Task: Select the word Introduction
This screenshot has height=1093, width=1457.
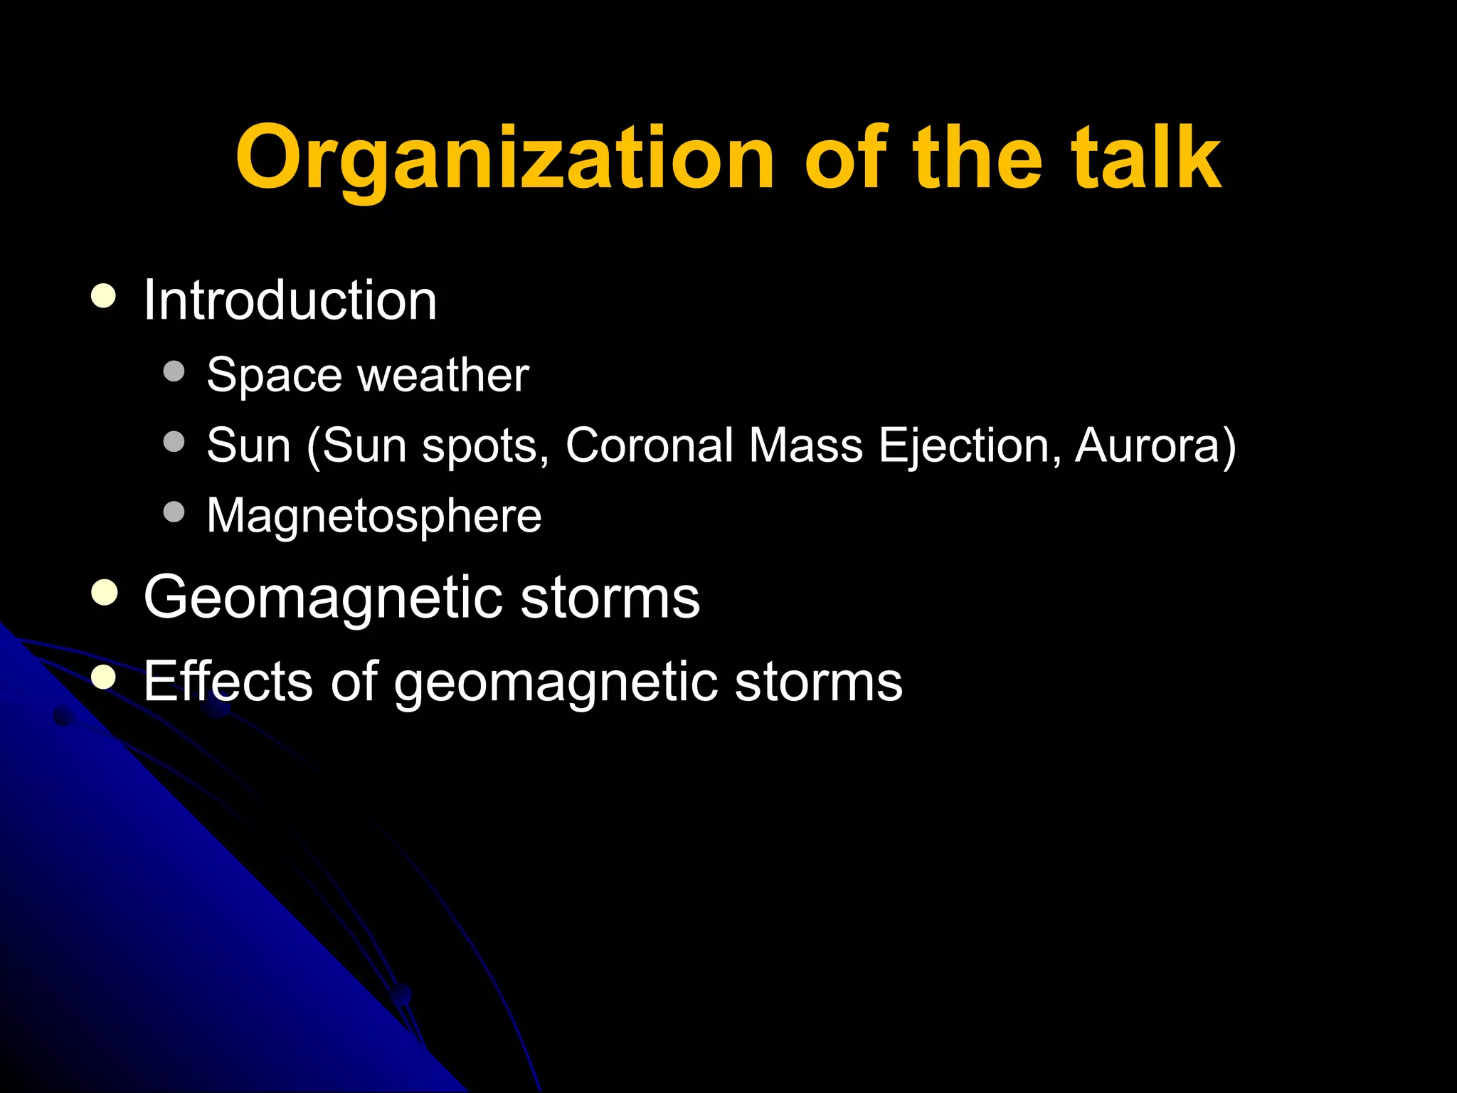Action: click(290, 300)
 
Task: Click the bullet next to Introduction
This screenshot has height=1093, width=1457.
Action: click(104, 296)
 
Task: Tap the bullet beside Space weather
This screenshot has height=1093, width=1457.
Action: click(174, 371)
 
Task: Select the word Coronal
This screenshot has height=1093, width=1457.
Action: click(649, 445)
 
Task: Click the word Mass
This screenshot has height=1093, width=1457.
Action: click(805, 445)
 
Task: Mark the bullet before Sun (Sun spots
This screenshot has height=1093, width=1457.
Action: click(174, 442)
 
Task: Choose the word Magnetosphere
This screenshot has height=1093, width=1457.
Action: click(374, 515)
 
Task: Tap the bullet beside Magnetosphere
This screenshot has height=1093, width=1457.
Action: click(174, 512)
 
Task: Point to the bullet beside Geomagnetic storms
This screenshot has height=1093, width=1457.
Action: click(104, 593)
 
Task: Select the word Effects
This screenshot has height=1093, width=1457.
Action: click(228, 681)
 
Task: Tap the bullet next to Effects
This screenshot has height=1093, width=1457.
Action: click(104, 677)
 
